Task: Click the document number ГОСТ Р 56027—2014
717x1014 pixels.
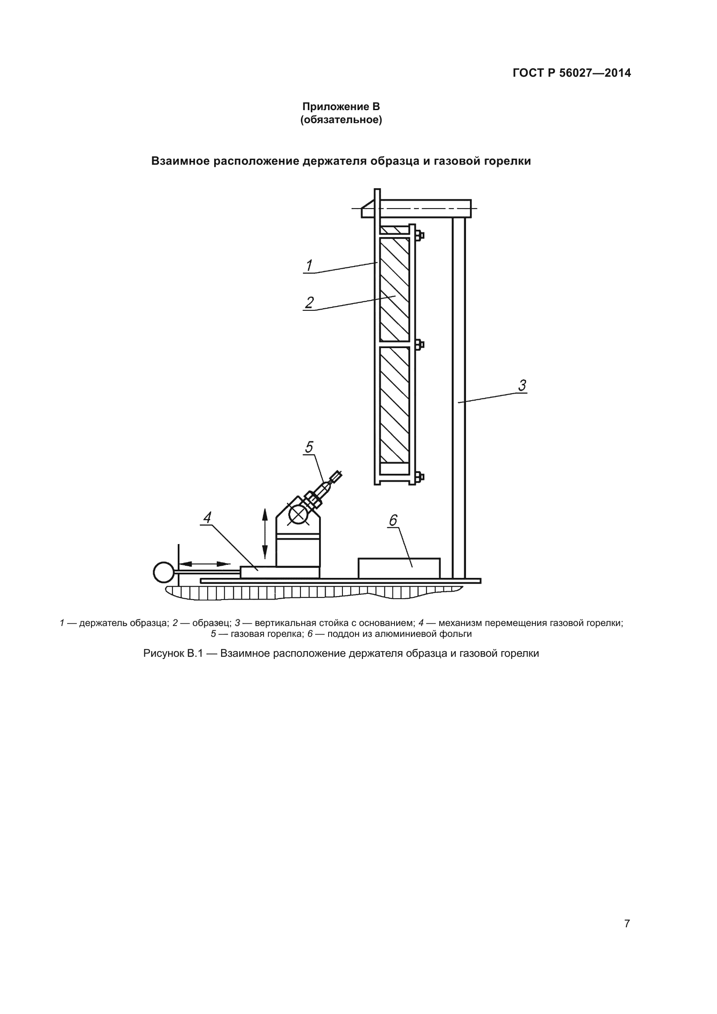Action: click(572, 73)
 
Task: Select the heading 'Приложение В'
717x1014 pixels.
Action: click(341, 107)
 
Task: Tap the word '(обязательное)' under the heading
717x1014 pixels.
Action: click(341, 120)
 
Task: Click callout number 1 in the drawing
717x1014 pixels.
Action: click(309, 266)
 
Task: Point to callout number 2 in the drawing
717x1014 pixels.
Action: click(309, 303)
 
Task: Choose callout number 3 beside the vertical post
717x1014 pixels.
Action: click(522, 385)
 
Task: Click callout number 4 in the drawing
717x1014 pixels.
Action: click(207, 518)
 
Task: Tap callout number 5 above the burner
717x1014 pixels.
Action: click(309, 447)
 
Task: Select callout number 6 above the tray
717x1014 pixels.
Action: click(393, 521)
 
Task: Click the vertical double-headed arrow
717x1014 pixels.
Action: click(265, 534)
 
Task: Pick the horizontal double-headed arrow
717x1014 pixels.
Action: click(205, 564)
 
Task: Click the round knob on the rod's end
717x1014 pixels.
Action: click(163, 572)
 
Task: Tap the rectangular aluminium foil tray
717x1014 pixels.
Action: click(399, 568)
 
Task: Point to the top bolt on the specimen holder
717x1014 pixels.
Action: click(420, 235)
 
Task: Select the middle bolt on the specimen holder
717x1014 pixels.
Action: click(420, 344)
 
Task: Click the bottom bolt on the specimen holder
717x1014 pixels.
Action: click(420, 477)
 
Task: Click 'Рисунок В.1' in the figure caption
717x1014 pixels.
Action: click(173, 653)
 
